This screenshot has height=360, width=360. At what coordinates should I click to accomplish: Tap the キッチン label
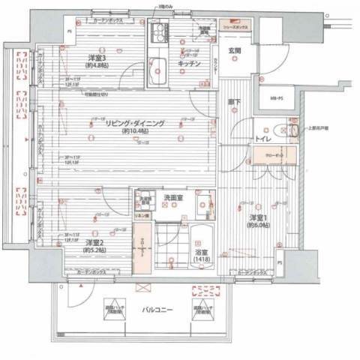pos(188,65)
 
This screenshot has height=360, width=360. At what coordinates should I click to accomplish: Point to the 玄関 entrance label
pos(234,51)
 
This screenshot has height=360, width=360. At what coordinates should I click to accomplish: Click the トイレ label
pos(262,139)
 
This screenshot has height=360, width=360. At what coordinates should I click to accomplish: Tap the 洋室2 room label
pos(94,243)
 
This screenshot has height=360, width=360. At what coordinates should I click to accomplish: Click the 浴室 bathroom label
pos(200,253)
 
